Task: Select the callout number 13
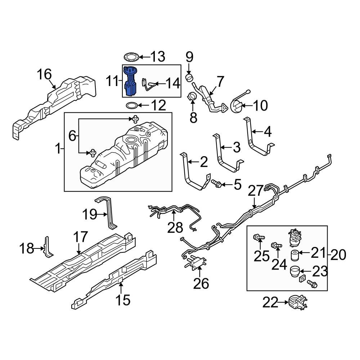157,57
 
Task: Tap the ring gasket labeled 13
131,57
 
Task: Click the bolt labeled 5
217,184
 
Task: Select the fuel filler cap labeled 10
236,106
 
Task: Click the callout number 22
270,303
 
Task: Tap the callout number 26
201,284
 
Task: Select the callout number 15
123,300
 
